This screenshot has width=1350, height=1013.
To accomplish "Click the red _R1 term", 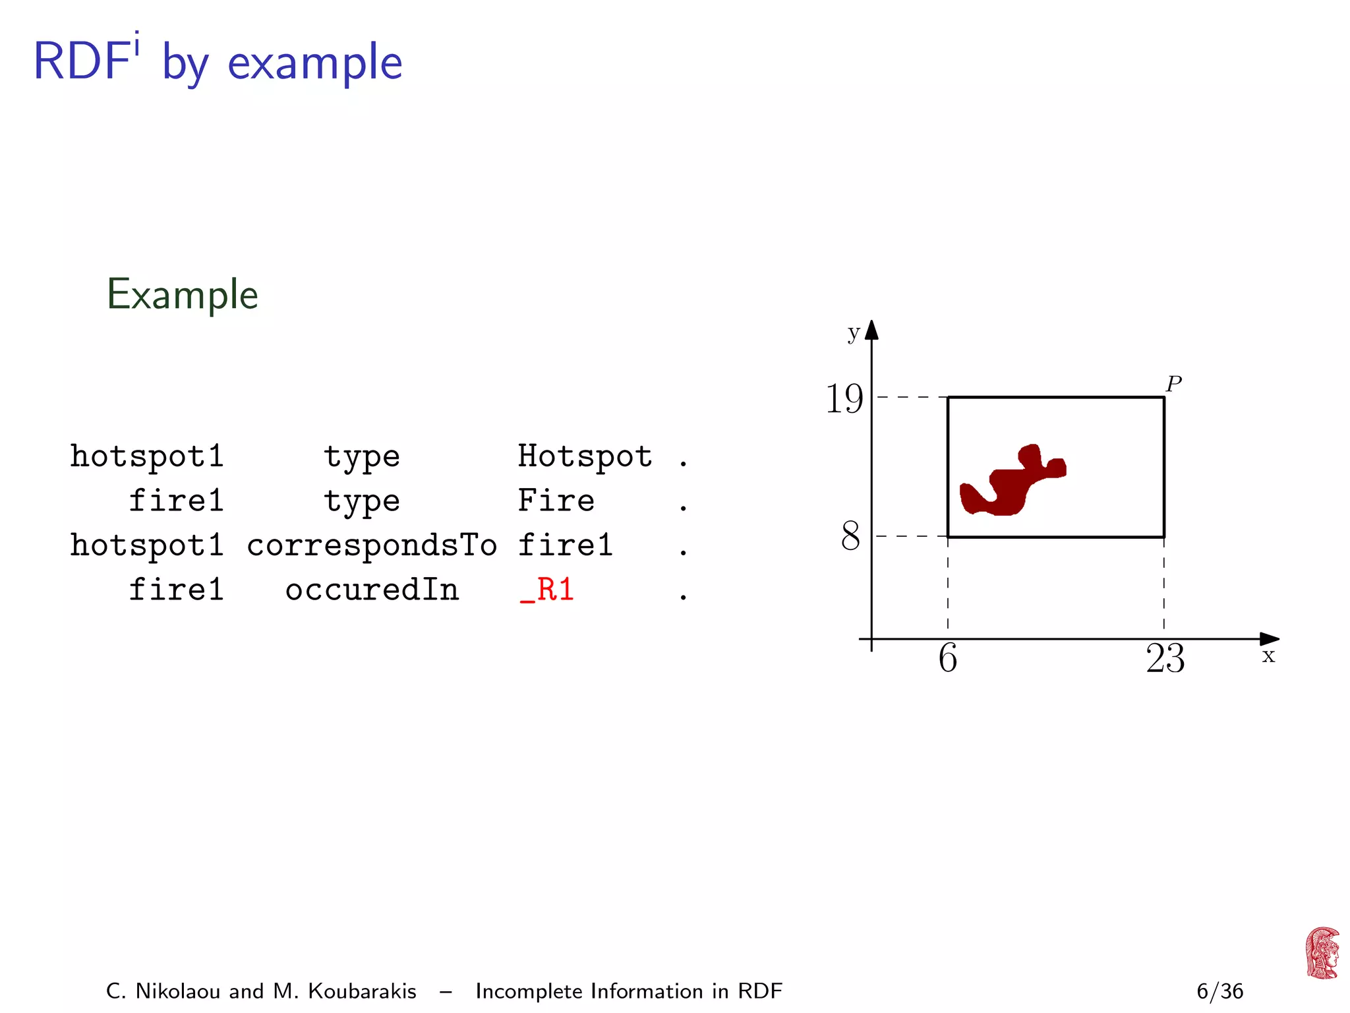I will pyautogui.click(x=547, y=590).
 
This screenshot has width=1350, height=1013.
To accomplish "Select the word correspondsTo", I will pyautogui.click(x=372, y=545).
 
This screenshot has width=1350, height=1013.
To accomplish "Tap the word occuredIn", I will pyautogui.click(x=372, y=590).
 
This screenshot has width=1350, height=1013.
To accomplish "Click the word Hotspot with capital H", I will pyautogui.click(x=585, y=456).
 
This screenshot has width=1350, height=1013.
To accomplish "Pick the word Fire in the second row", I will pyautogui.click(x=556, y=501).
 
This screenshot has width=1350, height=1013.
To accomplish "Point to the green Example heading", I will pyautogui.click(x=183, y=294).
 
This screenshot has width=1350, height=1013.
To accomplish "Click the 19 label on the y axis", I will pyautogui.click(x=844, y=399).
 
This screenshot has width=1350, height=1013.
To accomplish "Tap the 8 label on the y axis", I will pyautogui.click(x=850, y=536).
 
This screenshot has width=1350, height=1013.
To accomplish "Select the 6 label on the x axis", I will pyautogui.click(x=948, y=658).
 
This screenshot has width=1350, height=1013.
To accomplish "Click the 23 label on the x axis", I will pyautogui.click(x=1165, y=658).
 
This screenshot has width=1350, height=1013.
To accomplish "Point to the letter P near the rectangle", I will pyautogui.click(x=1173, y=383).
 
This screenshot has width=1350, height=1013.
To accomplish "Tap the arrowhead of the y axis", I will pyautogui.click(x=871, y=329).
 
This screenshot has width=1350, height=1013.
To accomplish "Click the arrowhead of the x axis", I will pyautogui.click(x=1270, y=638).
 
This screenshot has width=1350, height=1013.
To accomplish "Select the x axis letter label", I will pyautogui.click(x=1268, y=656).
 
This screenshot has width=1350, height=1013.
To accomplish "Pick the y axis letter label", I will pyautogui.click(x=854, y=333).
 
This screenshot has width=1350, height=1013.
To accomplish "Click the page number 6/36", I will pyautogui.click(x=1219, y=991).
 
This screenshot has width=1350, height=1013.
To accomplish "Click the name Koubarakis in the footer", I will pyautogui.click(x=362, y=991).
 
